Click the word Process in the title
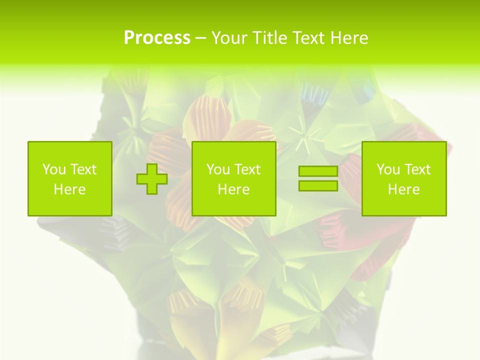pyautogui.click(x=157, y=38)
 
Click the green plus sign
pyautogui.click(x=152, y=179)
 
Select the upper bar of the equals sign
pyautogui.click(x=318, y=171)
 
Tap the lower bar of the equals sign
pyautogui.click(x=318, y=186)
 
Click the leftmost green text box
pyautogui.click(x=70, y=179)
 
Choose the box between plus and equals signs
pyautogui.click(x=234, y=179)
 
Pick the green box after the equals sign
pyautogui.click(x=404, y=179)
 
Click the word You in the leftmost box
pyautogui.click(x=53, y=169)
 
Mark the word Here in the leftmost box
pyautogui.click(x=70, y=189)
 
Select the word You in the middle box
pyautogui.click(x=217, y=169)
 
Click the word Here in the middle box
pyautogui.click(x=234, y=189)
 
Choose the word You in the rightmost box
pyautogui.click(x=387, y=169)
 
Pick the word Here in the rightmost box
pyautogui.click(x=404, y=189)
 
